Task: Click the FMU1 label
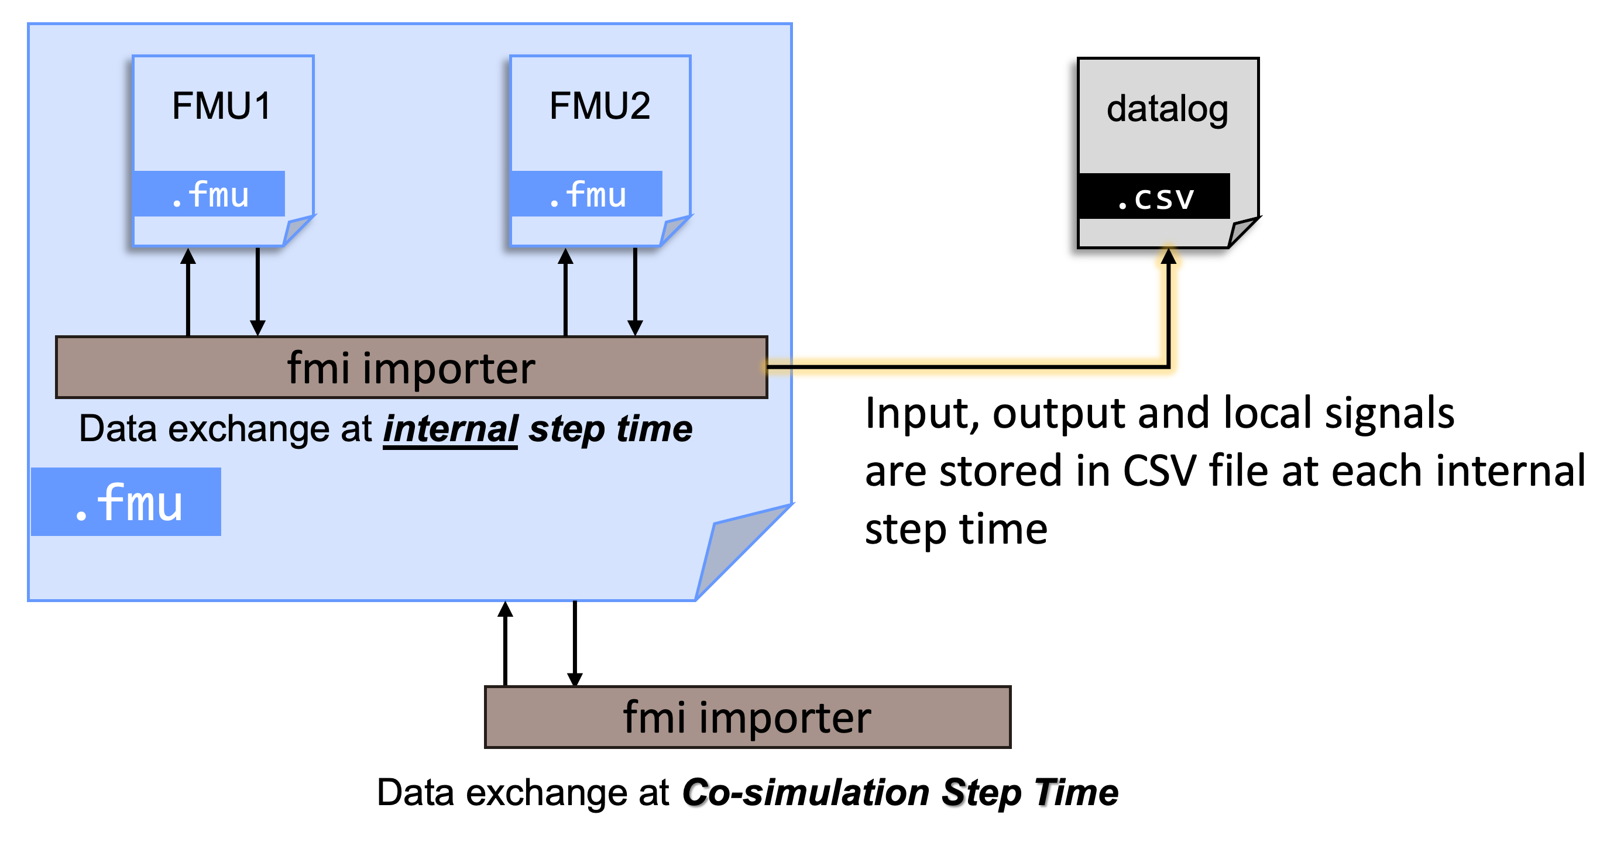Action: (x=222, y=105)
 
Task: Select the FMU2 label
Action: (x=599, y=105)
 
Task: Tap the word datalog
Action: (x=1167, y=109)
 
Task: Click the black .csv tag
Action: (x=1153, y=197)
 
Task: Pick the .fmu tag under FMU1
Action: (x=209, y=194)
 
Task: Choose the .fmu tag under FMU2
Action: (x=586, y=194)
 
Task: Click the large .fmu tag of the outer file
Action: (x=126, y=502)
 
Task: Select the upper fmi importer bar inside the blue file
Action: (x=411, y=367)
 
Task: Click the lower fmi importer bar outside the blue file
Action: (x=747, y=717)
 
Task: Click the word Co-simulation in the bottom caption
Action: (x=805, y=792)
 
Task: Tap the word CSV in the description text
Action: (x=1159, y=470)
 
